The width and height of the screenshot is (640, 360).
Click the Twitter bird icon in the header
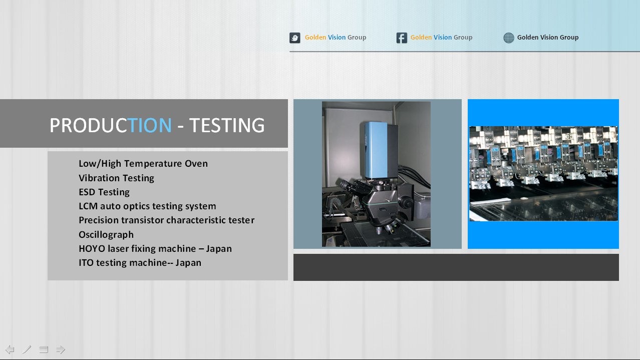(294, 38)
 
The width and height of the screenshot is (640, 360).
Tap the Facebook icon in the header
(402, 38)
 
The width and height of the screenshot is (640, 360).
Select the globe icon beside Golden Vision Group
(509, 38)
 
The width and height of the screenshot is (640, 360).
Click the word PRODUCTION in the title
(111, 125)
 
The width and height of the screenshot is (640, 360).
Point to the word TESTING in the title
(227, 125)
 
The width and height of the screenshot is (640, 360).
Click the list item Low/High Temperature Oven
(143, 163)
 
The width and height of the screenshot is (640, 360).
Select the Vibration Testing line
(116, 178)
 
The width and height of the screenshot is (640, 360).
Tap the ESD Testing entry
(104, 192)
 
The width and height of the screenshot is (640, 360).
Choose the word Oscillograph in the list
(106, 234)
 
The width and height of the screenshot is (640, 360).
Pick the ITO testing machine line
(140, 262)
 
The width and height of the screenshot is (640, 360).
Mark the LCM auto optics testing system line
(147, 206)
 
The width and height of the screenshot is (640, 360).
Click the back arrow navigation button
(10, 349)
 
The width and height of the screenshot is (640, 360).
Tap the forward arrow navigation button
(61, 349)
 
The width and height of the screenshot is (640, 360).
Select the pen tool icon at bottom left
(27, 349)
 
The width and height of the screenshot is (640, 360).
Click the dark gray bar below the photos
(456, 267)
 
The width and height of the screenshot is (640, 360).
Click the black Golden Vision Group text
(548, 38)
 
